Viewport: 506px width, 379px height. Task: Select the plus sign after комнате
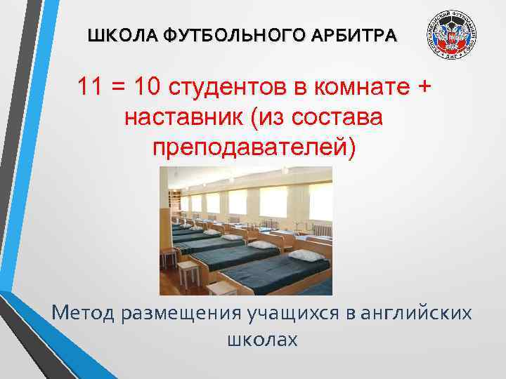point(424,88)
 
